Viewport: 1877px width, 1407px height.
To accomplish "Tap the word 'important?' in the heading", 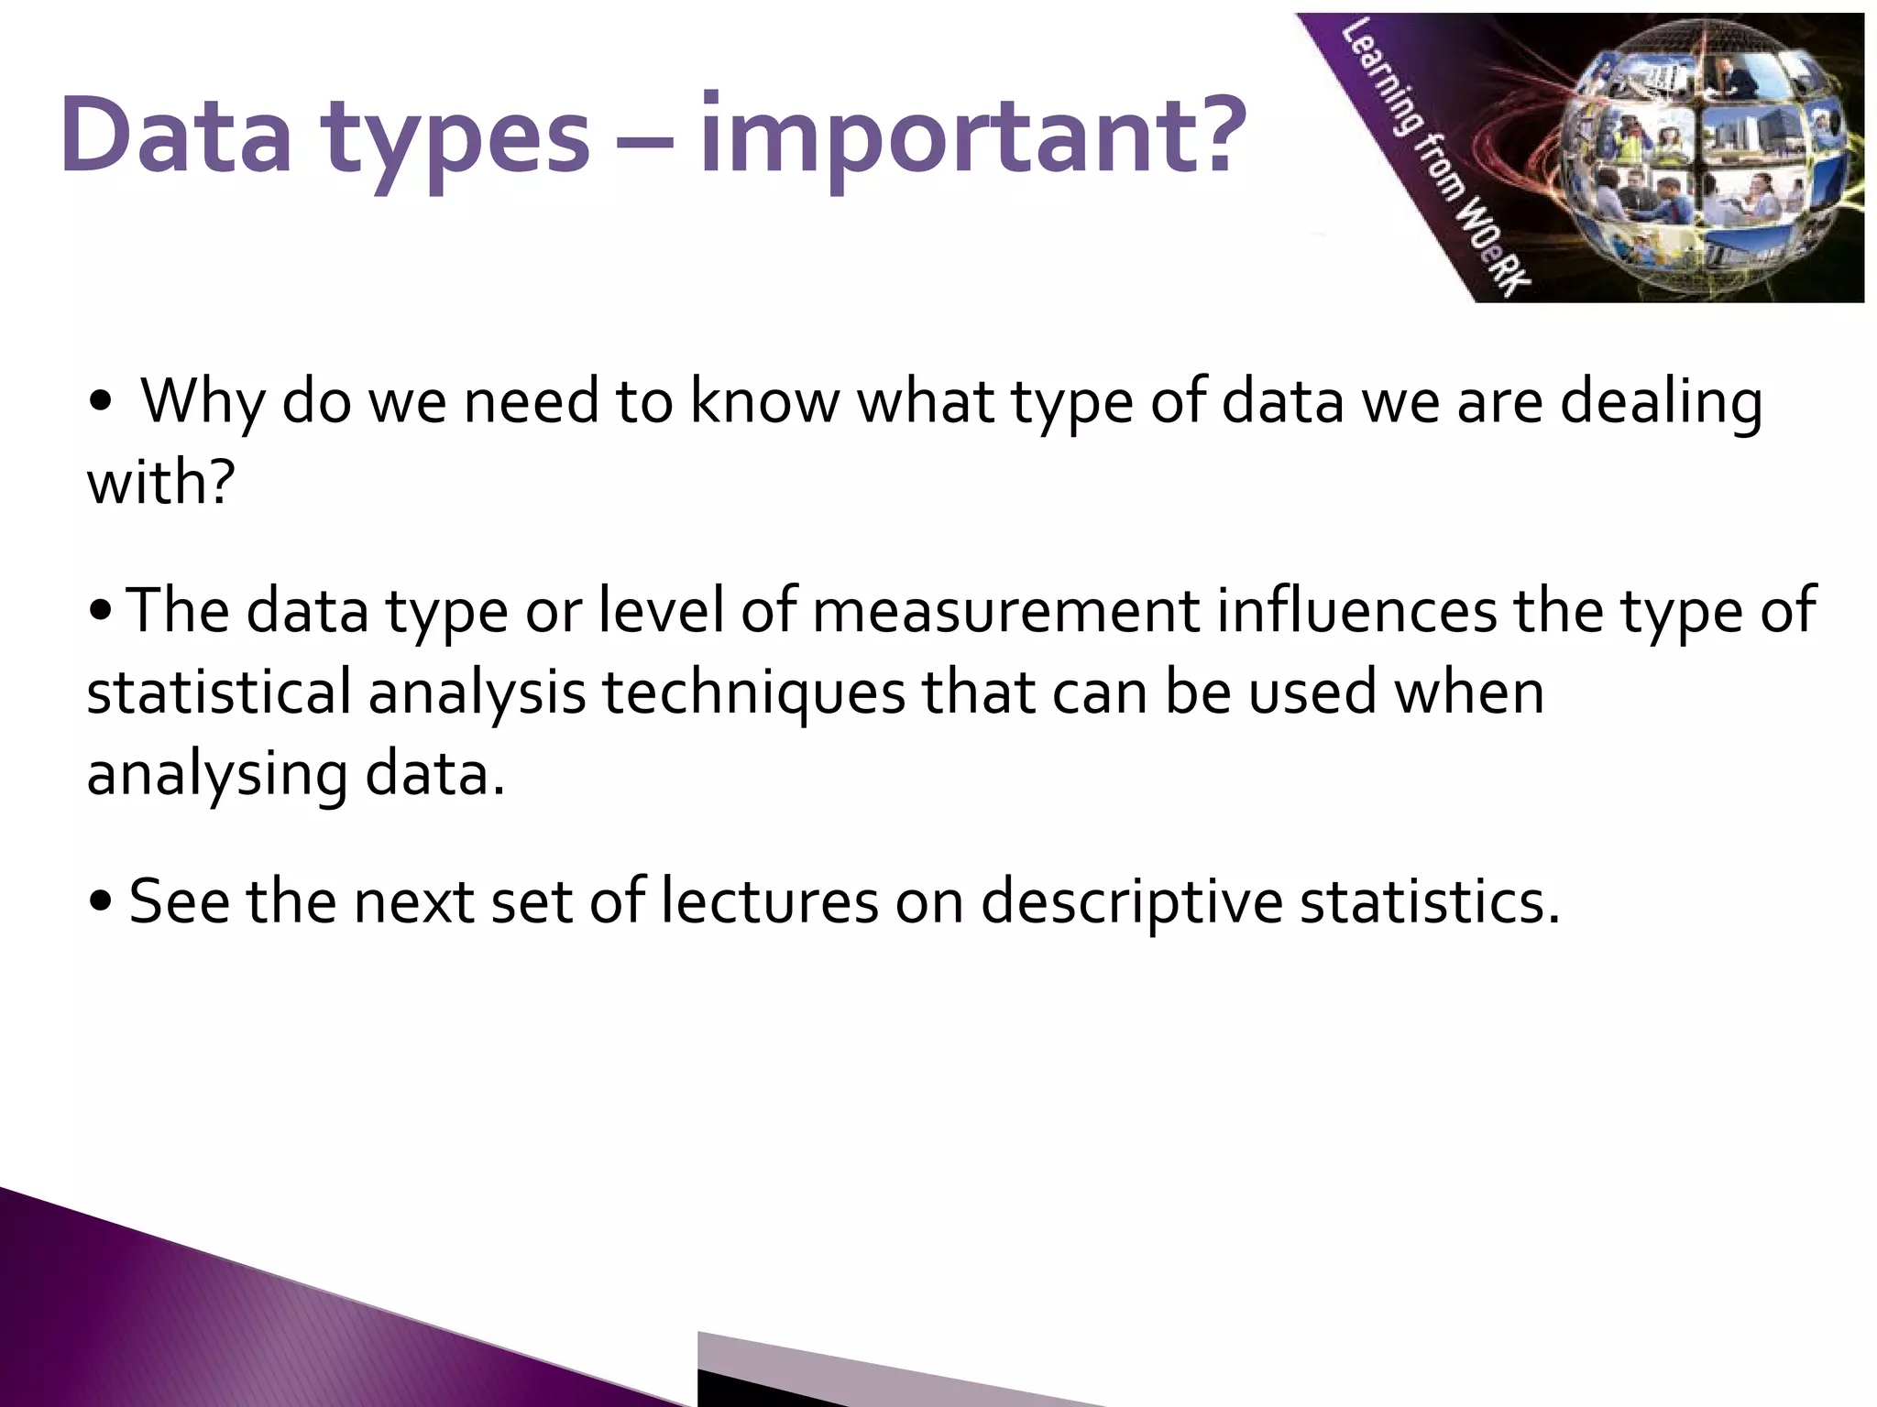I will coord(971,137).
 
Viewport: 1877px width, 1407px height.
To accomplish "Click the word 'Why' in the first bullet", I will coord(201,403).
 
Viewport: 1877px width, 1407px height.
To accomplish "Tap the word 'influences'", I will coord(1356,611).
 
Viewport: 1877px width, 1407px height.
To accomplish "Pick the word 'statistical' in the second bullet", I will coord(219,693).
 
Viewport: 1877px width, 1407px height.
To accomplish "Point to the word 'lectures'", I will coord(769,901).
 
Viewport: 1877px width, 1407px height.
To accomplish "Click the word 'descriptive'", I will coord(1131,903).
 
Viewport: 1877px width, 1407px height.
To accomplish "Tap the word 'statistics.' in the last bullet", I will coord(1430,901).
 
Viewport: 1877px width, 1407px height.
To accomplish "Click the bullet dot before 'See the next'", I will coord(102,903).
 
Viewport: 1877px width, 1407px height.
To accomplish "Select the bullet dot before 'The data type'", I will coord(102,612).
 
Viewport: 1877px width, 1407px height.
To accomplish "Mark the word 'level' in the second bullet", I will coord(661,611).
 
